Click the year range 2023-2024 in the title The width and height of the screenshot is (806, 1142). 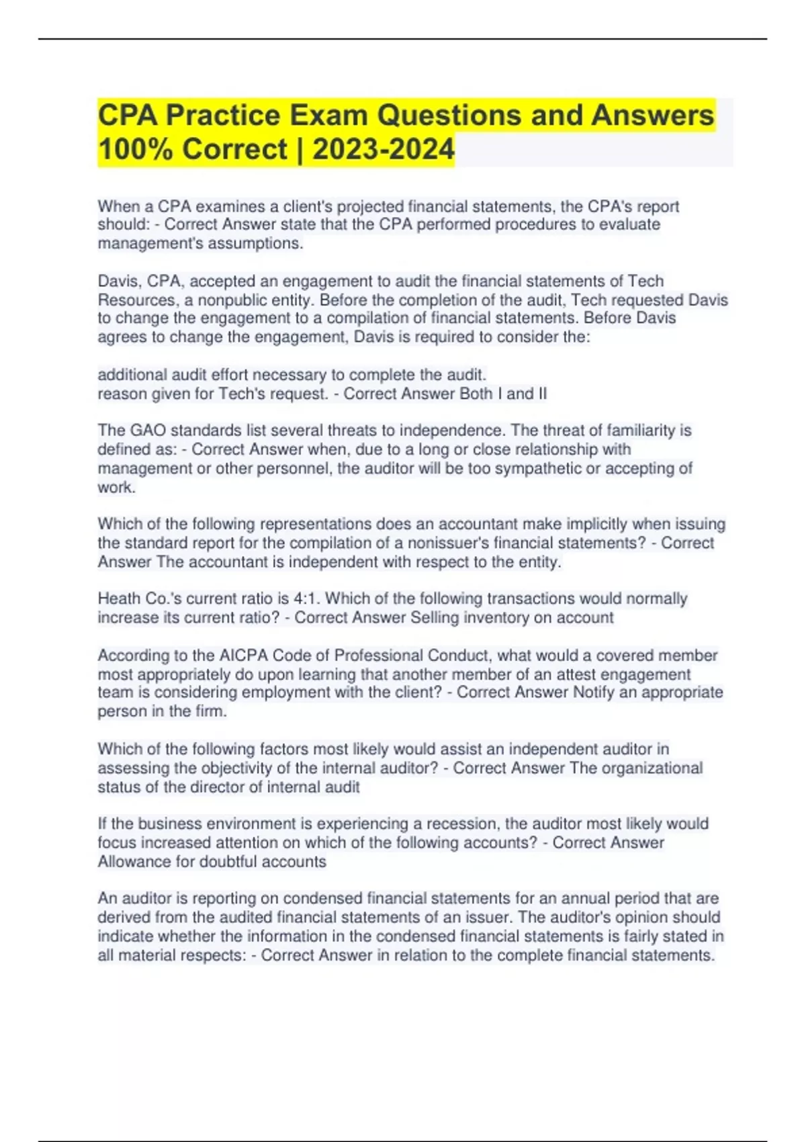[x=383, y=148]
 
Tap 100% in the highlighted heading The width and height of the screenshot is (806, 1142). [x=136, y=148]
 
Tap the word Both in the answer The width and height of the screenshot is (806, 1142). [x=476, y=394]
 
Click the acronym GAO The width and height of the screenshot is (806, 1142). [x=144, y=430]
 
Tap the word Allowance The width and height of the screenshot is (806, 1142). [x=134, y=861]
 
